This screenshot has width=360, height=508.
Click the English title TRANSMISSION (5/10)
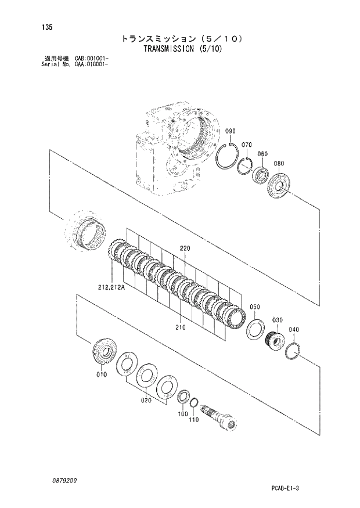coord(181,49)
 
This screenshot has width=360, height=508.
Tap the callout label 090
coord(231,131)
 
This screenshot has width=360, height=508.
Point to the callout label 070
coord(246,145)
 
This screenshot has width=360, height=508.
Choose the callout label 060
coord(262,154)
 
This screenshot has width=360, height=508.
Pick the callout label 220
coord(185,248)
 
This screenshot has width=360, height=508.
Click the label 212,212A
coord(107,286)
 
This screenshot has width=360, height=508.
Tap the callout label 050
coord(255,307)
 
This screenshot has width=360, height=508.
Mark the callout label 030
coord(277,320)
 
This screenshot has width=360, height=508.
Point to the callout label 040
coord(294,330)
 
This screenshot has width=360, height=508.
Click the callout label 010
coord(102,374)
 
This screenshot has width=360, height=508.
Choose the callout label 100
coord(183,414)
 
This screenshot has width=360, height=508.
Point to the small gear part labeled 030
coord(273,338)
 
